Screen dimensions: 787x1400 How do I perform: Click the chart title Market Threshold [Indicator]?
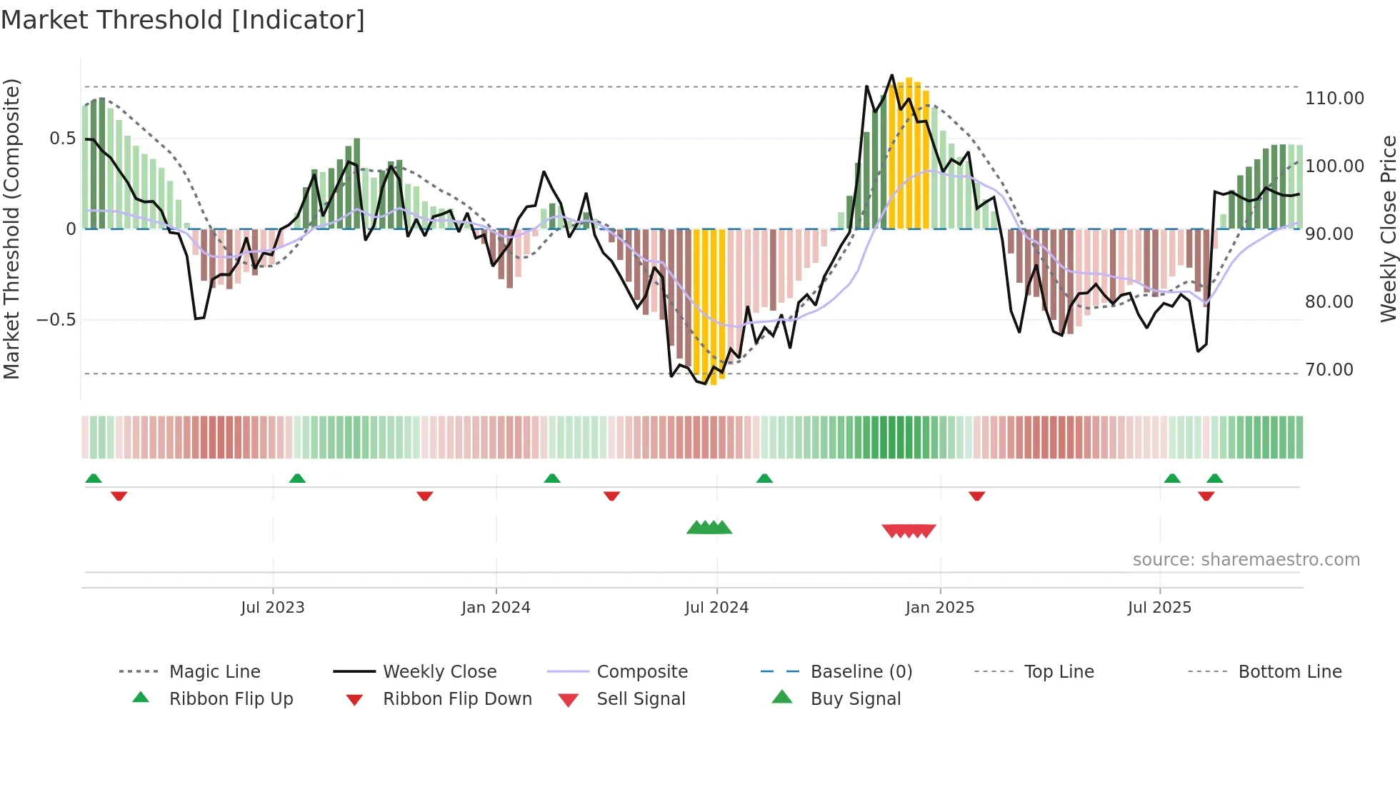point(183,20)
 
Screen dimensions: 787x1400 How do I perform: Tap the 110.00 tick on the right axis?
point(1334,99)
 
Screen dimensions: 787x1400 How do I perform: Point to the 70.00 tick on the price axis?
point(1329,370)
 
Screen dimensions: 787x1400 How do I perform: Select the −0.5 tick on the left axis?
point(56,320)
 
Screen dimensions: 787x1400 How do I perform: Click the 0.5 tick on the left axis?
point(62,139)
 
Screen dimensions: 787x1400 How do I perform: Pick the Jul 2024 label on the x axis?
point(716,608)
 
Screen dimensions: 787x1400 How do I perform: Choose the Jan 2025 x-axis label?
point(939,608)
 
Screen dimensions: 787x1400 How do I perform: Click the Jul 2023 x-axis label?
point(272,608)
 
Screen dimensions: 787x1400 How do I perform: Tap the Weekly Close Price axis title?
point(1388,229)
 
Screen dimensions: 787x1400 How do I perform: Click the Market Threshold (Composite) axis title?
point(11,229)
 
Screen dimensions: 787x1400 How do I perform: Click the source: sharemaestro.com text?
point(1246,560)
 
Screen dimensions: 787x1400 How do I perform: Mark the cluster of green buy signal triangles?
point(709,528)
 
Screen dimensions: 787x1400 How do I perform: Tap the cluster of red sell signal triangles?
point(909,531)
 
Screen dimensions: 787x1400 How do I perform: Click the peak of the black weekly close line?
point(891,75)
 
